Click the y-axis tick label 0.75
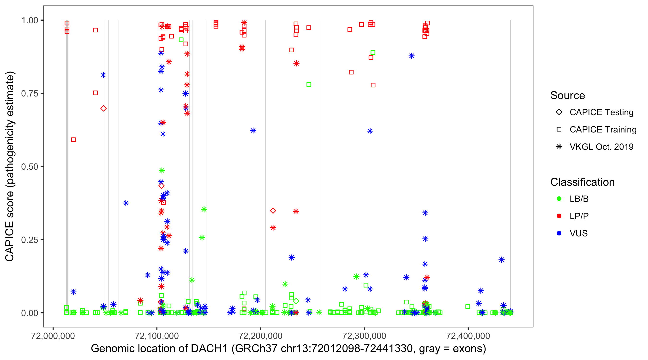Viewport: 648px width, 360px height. pyautogui.click(x=29, y=94)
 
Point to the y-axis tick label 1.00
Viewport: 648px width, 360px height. pyautogui.click(x=29, y=20)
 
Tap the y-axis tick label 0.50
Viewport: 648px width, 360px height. pyautogui.click(x=29, y=167)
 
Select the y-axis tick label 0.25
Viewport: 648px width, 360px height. pyautogui.click(x=29, y=240)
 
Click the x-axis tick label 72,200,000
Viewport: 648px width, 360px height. pyautogui.click(x=260, y=336)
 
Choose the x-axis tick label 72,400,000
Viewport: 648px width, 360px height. pyautogui.click(x=468, y=336)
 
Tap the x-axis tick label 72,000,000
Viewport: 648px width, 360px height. pyautogui.click(x=53, y=336)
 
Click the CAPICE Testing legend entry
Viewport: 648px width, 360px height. pyautogui.click(x=601, y=112)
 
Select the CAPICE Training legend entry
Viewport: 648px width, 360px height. pyautogui.click(x=603, y=130)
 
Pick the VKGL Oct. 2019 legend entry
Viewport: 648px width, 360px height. pyautogui.click(x=601, y=147)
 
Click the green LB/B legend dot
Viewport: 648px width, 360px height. pyautogui.click(x=559, y=199)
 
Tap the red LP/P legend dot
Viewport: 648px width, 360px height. pyautogui.click(x=559, y=216)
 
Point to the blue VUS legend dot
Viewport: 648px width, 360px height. pyautogui.click(x=559, y=233)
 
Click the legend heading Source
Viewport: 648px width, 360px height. pyautogui.click(x=568, y=96)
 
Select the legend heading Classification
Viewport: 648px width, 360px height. pyautogui.click(x=582, y=182)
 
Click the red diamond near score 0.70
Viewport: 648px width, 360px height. pyautogui.click(x=103, y=108)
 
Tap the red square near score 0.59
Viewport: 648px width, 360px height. pyautogui.click(x=73, y=140)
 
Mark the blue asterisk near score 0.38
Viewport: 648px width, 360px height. pyautogui.click(x=126, y=203)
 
